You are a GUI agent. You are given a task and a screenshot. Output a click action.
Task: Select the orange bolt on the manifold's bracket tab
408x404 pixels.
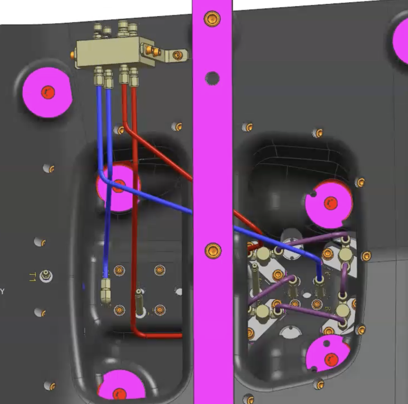click(x=178, y=55)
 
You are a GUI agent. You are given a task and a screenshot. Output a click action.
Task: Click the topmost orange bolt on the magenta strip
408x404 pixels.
click(x=212, y=18)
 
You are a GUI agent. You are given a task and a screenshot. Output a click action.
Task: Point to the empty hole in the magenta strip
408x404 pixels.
click(x=212, y=78)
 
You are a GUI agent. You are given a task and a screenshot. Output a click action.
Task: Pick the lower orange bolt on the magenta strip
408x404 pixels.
click(x=213, y=251)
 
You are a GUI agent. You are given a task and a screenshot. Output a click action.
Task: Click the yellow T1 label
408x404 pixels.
click(x=32, y=277)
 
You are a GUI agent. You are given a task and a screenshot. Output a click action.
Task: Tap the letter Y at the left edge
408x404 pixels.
click(x=3, y=291)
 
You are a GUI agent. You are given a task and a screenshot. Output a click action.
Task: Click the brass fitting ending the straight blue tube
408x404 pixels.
click(x=105, y=292)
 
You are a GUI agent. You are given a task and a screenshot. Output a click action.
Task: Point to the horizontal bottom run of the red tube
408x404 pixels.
click(x=159, y=335)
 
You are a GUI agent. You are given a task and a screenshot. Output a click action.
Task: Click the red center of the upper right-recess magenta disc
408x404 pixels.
click(x=330, y=203)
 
